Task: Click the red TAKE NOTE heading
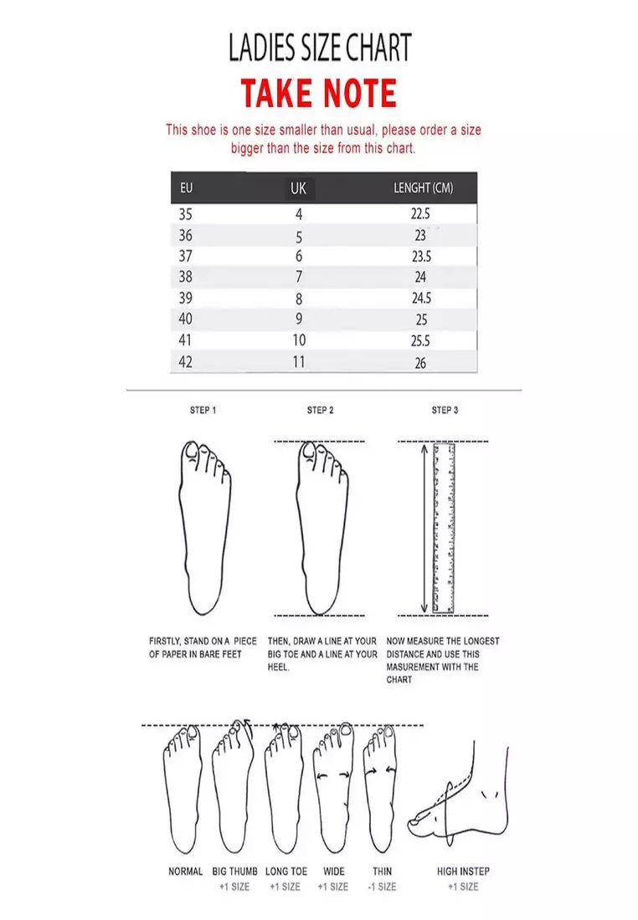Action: [318, 94]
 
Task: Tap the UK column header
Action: [298, 188]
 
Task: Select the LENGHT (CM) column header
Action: [423, 187]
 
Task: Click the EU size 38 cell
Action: [186, 276]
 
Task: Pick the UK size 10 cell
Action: [299, 340]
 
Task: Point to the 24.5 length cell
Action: [421, 298]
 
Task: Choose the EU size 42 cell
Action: [186, 361]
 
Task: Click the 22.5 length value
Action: [420, 213]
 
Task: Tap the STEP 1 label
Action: [203, 410]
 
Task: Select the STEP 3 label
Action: [445, 410]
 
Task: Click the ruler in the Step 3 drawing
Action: [444, 528]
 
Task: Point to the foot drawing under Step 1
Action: [203, 528]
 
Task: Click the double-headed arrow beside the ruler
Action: [424, 528]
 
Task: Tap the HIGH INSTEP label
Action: [463, 871]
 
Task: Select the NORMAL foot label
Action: [185, 871]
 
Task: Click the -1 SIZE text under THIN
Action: [382, 887]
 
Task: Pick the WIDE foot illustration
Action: [334, 790]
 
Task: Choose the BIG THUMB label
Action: [235, 871]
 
